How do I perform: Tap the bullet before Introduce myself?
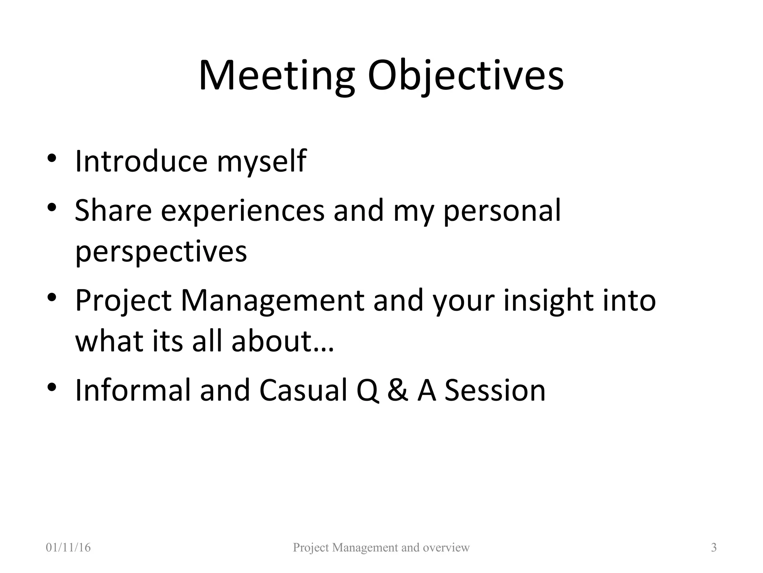point(52,157)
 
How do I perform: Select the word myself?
point(261,162)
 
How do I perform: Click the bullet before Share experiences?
point(52,207)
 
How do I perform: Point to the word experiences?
point(243,211)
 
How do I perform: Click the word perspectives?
point(161,252)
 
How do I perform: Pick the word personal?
point(502,211)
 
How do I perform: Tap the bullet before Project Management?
point(52,297)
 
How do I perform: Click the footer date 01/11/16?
point(68,548)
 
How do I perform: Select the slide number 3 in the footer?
point(714,548)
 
